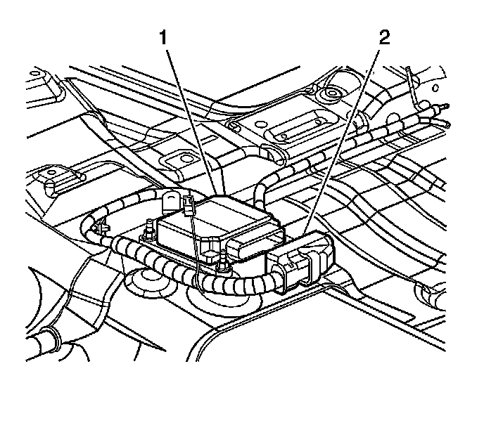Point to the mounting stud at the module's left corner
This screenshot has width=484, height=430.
click(x=149, y=229)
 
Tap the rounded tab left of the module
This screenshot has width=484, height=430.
click(x=170, y=202)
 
